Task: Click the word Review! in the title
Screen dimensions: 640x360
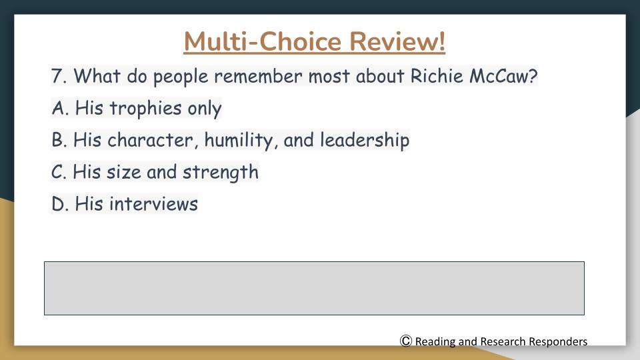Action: (397, 41)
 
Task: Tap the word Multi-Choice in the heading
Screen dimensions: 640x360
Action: (262, 41)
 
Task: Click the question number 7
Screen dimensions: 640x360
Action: (59, 76)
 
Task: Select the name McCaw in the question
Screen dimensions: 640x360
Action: (503, 76)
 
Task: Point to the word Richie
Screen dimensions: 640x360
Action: (437, 76)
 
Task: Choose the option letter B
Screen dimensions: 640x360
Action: (59, 140)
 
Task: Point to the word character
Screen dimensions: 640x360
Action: (150, 141)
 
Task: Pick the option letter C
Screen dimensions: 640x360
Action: (59, 172)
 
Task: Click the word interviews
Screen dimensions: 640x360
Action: (153, 204)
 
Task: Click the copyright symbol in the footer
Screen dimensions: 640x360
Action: (406, 341)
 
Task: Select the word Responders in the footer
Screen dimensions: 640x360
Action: (558, 341)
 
